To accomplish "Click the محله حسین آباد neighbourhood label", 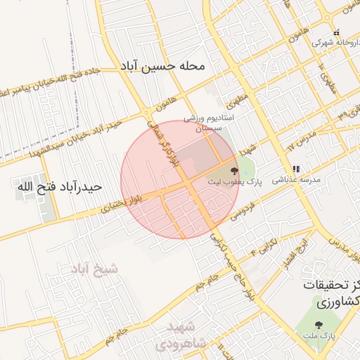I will click(162, 66).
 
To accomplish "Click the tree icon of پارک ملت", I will click(319, 325).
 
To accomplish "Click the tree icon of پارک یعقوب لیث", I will click(234, 170).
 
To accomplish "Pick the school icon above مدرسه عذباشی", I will click(295, 169).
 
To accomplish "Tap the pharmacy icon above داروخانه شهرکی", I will click(337, 32).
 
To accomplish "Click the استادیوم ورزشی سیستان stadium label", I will click(205, 124).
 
